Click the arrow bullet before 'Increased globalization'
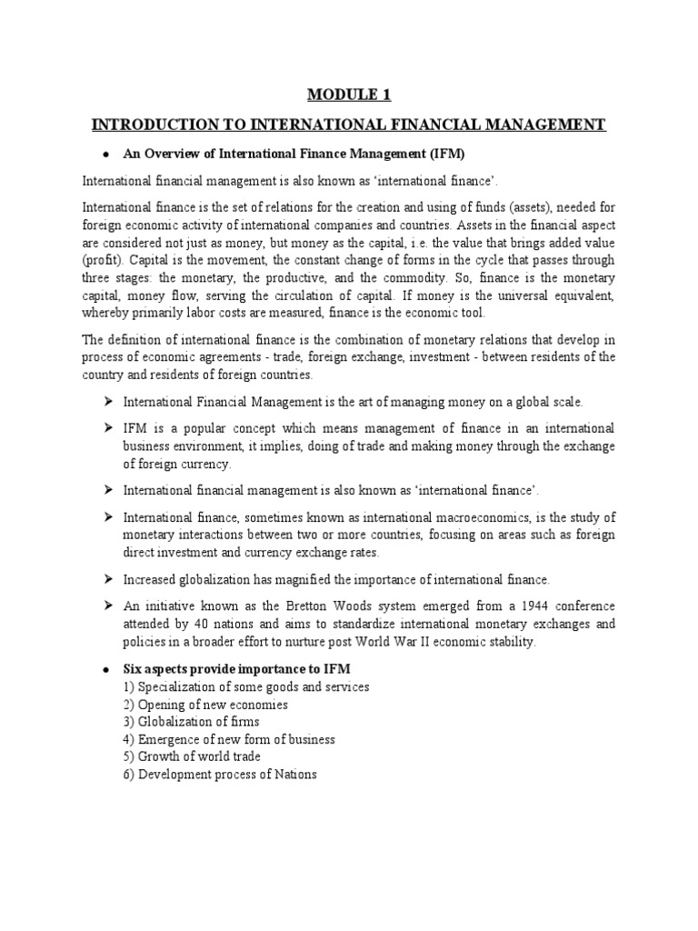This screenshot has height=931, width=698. [x=106, y=579]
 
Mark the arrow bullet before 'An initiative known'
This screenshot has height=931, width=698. [x=106, y=606]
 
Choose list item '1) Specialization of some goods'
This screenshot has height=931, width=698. [x=245, y=686]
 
